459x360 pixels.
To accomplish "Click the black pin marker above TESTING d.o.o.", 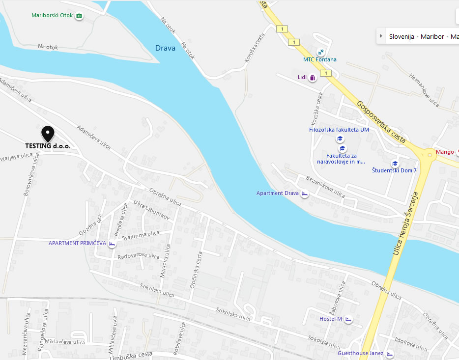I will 48,133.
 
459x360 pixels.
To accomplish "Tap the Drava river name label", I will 165,48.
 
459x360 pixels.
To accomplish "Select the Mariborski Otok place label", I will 52,16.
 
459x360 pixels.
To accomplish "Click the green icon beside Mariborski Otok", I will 79,16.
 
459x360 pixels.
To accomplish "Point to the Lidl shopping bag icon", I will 313,78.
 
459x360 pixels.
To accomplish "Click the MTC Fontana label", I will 320,59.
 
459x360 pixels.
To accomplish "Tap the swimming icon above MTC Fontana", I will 320,52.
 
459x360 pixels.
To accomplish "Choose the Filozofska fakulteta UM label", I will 339,130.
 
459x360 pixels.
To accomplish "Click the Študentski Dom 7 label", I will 394,170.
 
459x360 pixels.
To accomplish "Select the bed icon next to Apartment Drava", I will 305,194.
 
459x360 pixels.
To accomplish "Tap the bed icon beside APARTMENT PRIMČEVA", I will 112,244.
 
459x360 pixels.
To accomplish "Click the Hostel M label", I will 330,319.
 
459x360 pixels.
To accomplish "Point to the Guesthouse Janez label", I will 360,353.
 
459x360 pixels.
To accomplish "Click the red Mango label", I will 445,152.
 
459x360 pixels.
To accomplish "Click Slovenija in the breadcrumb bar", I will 402,37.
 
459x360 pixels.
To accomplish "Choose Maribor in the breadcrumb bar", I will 432,37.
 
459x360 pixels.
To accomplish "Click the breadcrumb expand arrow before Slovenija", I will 381,36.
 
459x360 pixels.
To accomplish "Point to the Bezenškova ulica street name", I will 325,185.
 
